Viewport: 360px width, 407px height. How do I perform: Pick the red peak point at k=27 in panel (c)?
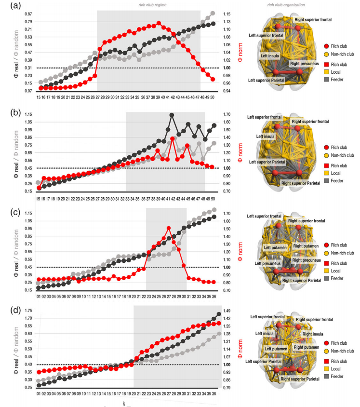(168, 229)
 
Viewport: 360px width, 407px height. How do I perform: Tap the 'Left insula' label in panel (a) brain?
(269, 56)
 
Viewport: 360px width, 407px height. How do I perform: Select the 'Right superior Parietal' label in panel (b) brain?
(301, 183)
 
